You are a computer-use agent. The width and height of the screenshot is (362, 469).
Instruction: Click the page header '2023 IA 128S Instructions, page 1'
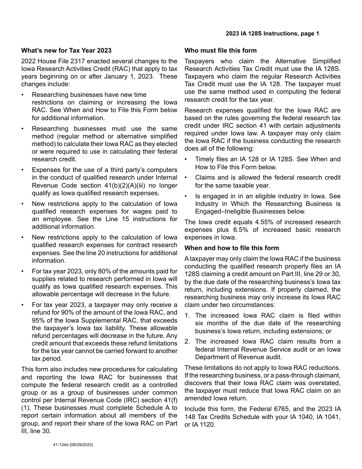tap(272, 34)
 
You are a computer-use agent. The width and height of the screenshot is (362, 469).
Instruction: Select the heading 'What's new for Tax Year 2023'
tap(66, 50)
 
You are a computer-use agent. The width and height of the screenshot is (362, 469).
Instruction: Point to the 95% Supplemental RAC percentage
tap(39, 320)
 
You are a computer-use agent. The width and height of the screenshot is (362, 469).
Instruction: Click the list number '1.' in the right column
tap(187, 315)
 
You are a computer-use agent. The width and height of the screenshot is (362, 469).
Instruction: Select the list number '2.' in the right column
tap(187, 341)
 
